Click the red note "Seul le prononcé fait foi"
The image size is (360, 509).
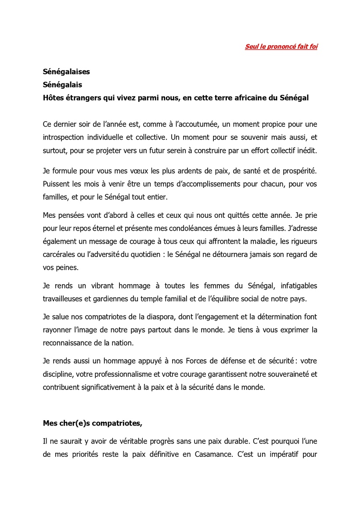point(281,47)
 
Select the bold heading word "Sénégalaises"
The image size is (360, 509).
point(66,72)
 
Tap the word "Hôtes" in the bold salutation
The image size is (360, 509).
point(55,98)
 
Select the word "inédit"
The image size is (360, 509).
point(306,150)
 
